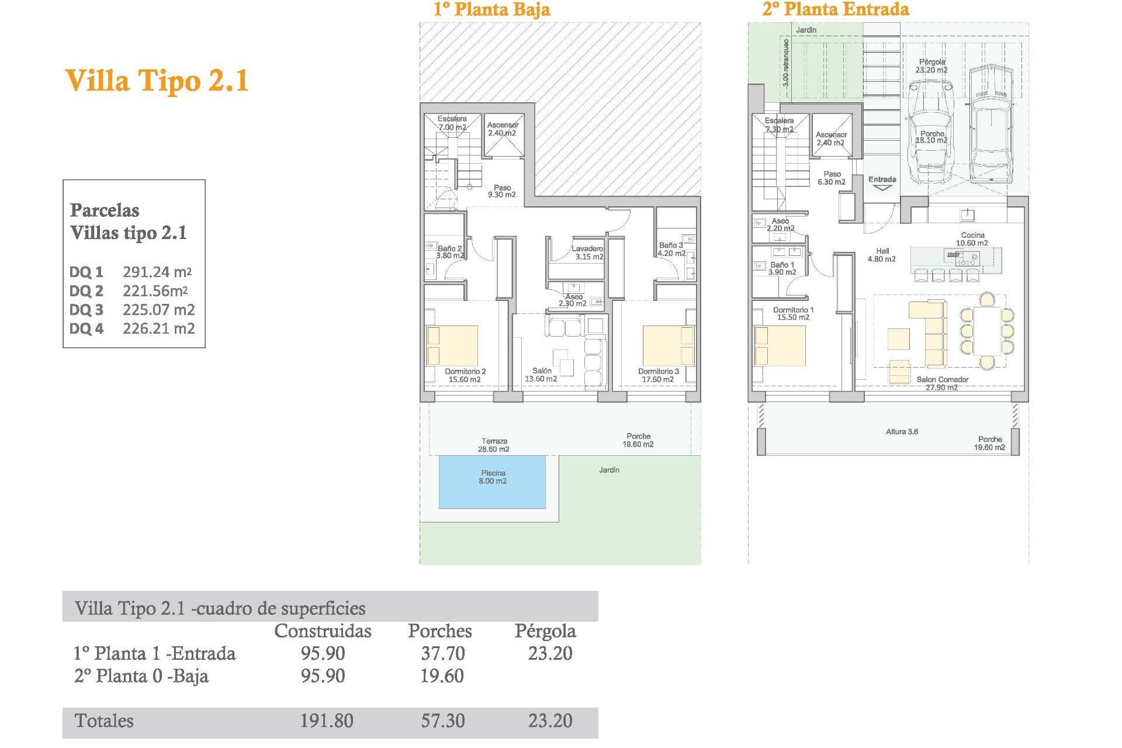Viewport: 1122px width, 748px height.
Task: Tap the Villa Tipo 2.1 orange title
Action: pos(157,81)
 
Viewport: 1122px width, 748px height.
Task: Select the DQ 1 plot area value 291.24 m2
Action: pos(157,272)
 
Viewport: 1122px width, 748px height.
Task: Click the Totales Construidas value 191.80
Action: pos(326,721)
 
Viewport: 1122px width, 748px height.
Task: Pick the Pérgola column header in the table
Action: pos(545,631)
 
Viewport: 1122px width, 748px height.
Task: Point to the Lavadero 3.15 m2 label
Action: pos(588,252)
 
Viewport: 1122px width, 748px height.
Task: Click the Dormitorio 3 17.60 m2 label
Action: pos(658,375)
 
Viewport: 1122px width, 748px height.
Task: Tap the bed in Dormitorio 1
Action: pos(780,346)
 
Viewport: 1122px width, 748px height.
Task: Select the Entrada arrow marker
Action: pos(882,188)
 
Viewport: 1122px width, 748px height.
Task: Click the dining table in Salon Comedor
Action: pos(987,331)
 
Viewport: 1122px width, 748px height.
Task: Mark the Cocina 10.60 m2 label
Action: pos(972,239)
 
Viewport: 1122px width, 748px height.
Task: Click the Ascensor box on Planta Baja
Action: pos(503,136)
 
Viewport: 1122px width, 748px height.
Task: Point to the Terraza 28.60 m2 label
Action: pos(494,445)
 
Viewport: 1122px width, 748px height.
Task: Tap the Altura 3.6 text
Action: pos(902,432)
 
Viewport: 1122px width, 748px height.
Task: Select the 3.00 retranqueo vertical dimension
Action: pos(785,63)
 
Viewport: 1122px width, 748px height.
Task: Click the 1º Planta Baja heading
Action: pos(491,9)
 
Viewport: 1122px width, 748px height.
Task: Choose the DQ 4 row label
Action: pos(86,329)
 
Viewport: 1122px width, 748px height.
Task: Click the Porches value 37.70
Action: pos(442,653)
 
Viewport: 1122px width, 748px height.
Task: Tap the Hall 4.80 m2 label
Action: pos(882,255)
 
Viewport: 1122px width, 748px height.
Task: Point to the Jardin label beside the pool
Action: pos(609,470)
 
